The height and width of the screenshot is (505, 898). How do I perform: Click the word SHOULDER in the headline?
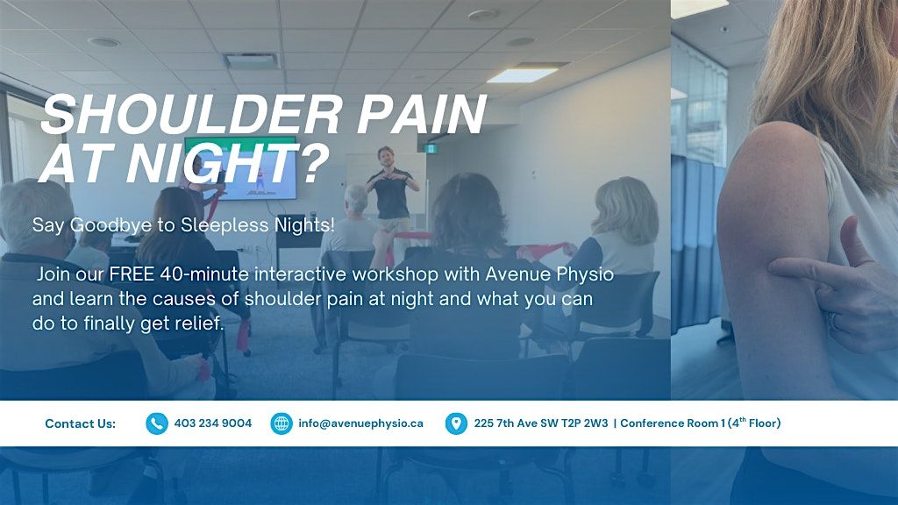pos(192,115)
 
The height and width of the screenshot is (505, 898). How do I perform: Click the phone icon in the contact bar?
pos(156,423)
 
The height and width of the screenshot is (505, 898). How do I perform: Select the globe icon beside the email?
pos(282,423)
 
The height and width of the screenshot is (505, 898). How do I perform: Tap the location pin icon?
pos(456,423)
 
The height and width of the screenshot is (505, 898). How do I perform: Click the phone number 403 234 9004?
pos(212,423)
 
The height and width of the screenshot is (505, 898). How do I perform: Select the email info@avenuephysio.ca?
pos(360,423)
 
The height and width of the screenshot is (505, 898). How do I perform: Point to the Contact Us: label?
pos(80,423)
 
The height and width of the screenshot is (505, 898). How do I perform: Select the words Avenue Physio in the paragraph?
pos(550,275)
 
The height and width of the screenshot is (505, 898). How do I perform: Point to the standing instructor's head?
pos(387,157)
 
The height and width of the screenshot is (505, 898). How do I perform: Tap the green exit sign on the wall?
pos(431,149)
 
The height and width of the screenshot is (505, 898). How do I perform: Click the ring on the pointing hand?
pos(832,321)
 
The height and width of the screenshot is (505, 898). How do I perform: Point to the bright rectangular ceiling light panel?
pos(522,75)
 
